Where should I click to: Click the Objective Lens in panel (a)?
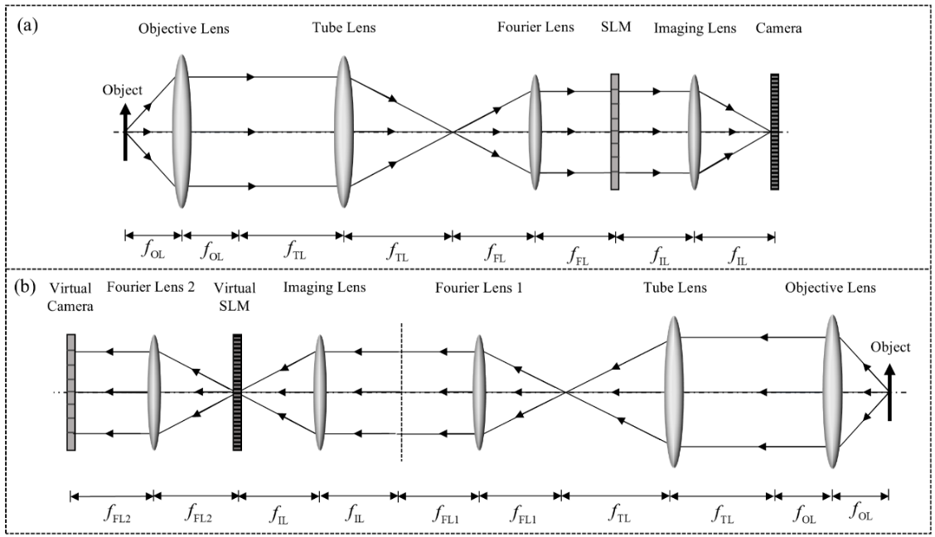click(182, 132)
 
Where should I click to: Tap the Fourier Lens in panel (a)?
click(535, 132)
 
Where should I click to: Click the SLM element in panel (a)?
click(615, 132)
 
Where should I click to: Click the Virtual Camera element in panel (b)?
click(71, 392)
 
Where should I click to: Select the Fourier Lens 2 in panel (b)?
click(153, 392)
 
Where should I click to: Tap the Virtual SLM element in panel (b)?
click(237, 392)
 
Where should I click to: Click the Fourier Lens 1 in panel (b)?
click(478, 392)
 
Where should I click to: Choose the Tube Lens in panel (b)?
click(672, 392)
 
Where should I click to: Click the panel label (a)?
click(27, 25)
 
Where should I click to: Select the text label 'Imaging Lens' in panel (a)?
click(695, 28)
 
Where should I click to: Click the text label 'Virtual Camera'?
click(70, 296)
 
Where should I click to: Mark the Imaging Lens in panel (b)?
click(319, 392)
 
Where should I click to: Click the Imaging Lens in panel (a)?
click(695, 132)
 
